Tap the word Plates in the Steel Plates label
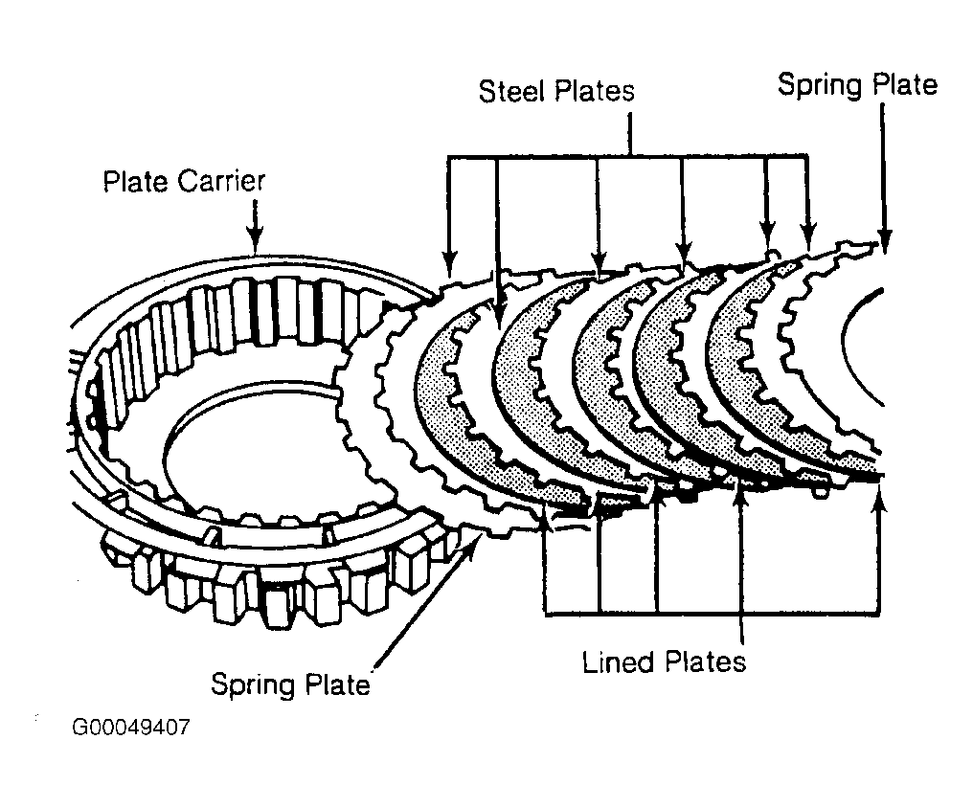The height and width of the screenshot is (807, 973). pos(595,91)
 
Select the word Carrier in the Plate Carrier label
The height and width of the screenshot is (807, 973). pos(221,181)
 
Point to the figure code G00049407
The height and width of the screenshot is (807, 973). pos(131,727)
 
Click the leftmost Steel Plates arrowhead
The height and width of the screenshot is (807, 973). pos(450,264)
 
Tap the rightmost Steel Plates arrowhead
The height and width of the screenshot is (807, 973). pos(807,237)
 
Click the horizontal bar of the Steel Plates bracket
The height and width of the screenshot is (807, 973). pos(628,156)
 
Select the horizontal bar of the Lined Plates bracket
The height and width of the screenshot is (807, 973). pos(712,614)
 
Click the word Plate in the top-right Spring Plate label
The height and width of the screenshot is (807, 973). pos(903,84)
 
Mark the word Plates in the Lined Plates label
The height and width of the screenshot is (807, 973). pos(705,661)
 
